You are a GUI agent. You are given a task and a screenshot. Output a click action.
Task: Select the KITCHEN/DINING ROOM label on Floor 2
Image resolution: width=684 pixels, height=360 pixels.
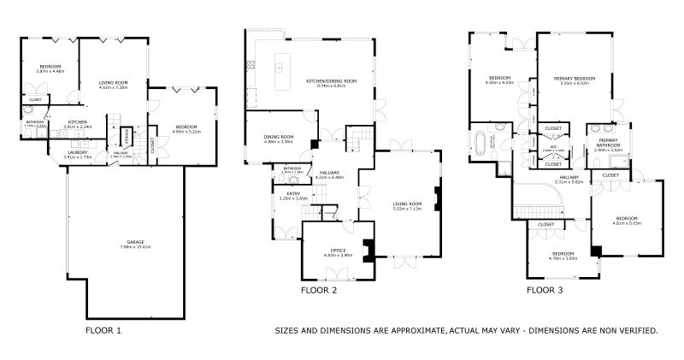tap(331, 80)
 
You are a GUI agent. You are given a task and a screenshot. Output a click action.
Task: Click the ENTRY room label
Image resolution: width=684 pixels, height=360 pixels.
tap(293, 193)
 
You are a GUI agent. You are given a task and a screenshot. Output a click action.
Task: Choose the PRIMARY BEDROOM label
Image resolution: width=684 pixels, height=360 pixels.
tap(575, 78)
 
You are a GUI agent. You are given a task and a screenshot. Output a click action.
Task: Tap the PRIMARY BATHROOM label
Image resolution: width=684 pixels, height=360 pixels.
tap(608, 142)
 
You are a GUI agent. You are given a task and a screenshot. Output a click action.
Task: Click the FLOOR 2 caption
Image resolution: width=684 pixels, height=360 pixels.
tap(319, 291)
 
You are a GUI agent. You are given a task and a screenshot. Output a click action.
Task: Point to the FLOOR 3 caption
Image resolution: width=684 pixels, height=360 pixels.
tap(545, 291)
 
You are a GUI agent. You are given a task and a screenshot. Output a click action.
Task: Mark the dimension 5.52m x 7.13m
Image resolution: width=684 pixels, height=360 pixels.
tap(406, 208)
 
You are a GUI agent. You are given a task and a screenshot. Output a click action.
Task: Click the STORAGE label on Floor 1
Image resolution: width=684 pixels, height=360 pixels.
tap(127, 135)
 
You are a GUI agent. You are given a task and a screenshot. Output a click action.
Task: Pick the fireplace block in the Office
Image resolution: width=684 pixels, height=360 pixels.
tap(368, 249)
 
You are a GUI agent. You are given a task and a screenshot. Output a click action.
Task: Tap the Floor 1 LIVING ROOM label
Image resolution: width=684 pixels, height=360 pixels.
tap(113, 82)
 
